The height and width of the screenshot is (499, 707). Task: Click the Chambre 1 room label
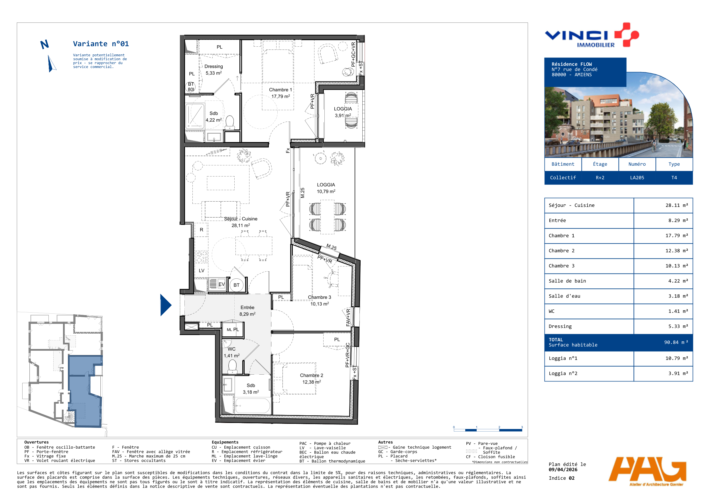tap(280, 90)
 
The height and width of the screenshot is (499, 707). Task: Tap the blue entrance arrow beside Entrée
tap(165, 305)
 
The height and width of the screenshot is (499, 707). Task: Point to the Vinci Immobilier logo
tap(592, 35)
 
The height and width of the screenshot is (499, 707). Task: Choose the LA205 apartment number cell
tap(637, 178)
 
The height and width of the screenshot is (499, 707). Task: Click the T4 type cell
tap(674, 178)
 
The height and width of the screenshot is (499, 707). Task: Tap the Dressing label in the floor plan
tap(214, 66)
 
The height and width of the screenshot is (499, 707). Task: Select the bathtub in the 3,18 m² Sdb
tap(253, 406)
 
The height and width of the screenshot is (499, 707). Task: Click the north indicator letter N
tap(44, 45)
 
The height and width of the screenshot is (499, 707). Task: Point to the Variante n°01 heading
tap(101, 44)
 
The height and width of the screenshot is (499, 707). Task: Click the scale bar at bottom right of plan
tap(488, 430)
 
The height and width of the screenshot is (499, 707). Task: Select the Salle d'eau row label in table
tap(564, 296)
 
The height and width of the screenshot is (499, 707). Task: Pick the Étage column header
tap(600, 164)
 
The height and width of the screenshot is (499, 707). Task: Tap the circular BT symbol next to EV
tap(237, 285)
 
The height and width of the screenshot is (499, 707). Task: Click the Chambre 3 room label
tap(319, 297)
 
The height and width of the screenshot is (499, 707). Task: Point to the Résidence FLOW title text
tap(572, 64)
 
